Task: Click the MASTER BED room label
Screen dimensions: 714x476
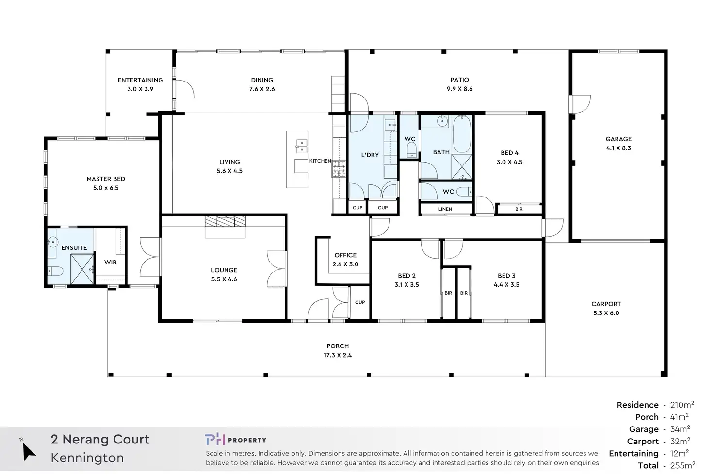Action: pos(106,179)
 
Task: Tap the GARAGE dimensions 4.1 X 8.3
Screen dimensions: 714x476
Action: pos(618,148)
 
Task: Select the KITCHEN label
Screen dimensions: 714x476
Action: pos(320,161)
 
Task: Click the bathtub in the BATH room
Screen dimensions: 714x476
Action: pos(462,134)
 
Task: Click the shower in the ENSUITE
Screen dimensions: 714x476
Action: pos(82,269)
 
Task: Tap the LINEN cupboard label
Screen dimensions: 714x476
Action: pos(445,209)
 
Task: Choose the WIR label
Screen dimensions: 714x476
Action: pos(110,263)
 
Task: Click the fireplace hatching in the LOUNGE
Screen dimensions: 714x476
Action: pos(225,221)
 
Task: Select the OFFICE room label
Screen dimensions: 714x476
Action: pos(345,255)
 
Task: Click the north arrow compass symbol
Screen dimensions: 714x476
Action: pos(28,451)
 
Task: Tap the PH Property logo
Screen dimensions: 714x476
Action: pos(236,440)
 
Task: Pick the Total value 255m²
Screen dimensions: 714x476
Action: pos(682,465)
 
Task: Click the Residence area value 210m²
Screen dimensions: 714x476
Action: pos(682,405)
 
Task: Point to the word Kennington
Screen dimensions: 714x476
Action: pos(87,458)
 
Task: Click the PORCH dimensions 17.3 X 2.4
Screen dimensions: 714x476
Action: pos(338,355)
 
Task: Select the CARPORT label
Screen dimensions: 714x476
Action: pos(606,304)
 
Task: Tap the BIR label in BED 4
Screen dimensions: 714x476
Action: pos(519,209)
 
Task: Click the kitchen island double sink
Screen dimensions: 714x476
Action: pos(302,147)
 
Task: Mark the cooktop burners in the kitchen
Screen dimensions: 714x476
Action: pos(339,169)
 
